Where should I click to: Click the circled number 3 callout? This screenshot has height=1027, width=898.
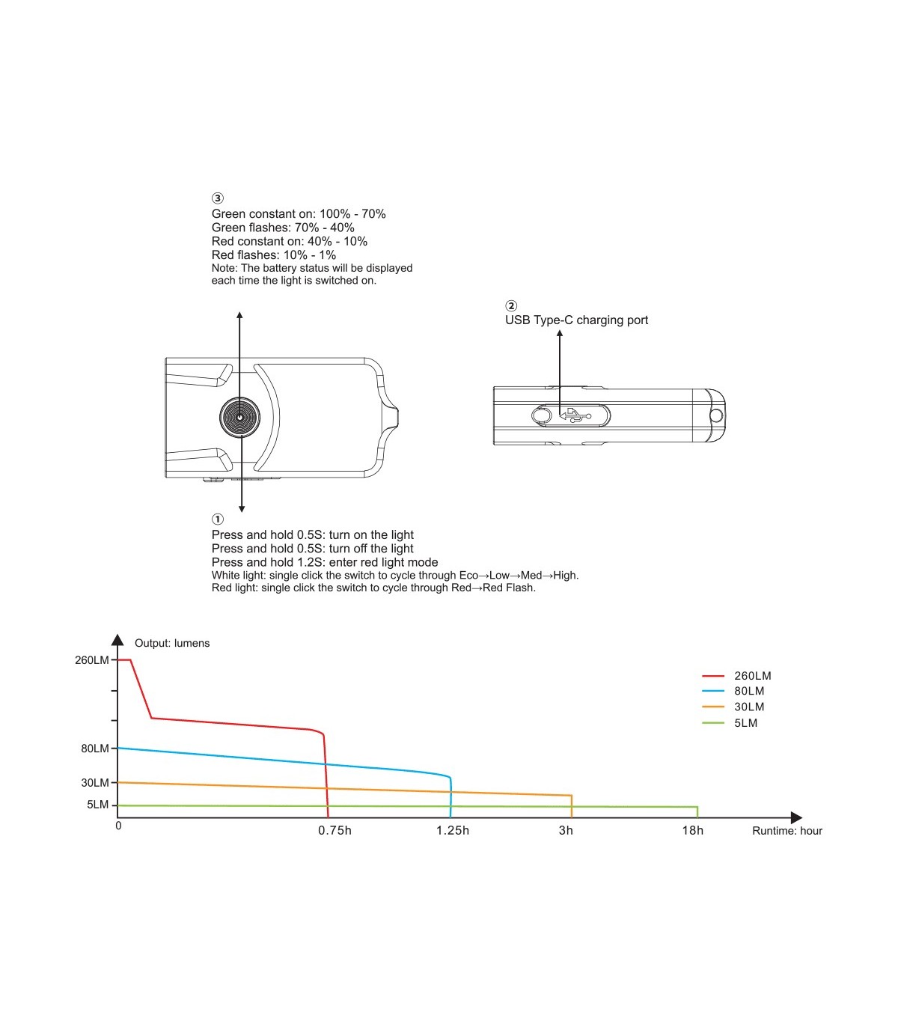coord(217,198)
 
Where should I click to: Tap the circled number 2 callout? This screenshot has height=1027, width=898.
coord(510,305)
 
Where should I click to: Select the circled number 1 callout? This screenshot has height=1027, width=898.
coord(217,519)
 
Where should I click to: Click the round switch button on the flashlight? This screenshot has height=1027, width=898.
coord(239,417)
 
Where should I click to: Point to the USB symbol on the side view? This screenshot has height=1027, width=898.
coord(575,415)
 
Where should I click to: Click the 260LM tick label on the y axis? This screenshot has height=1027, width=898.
coord(92,660)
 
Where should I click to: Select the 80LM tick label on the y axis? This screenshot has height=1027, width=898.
coord(95,749)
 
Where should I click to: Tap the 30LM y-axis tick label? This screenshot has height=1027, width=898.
coord(95,782)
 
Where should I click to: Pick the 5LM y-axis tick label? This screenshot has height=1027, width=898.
coord(97,805)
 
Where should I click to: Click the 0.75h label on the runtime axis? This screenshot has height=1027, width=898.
coord(335,831)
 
